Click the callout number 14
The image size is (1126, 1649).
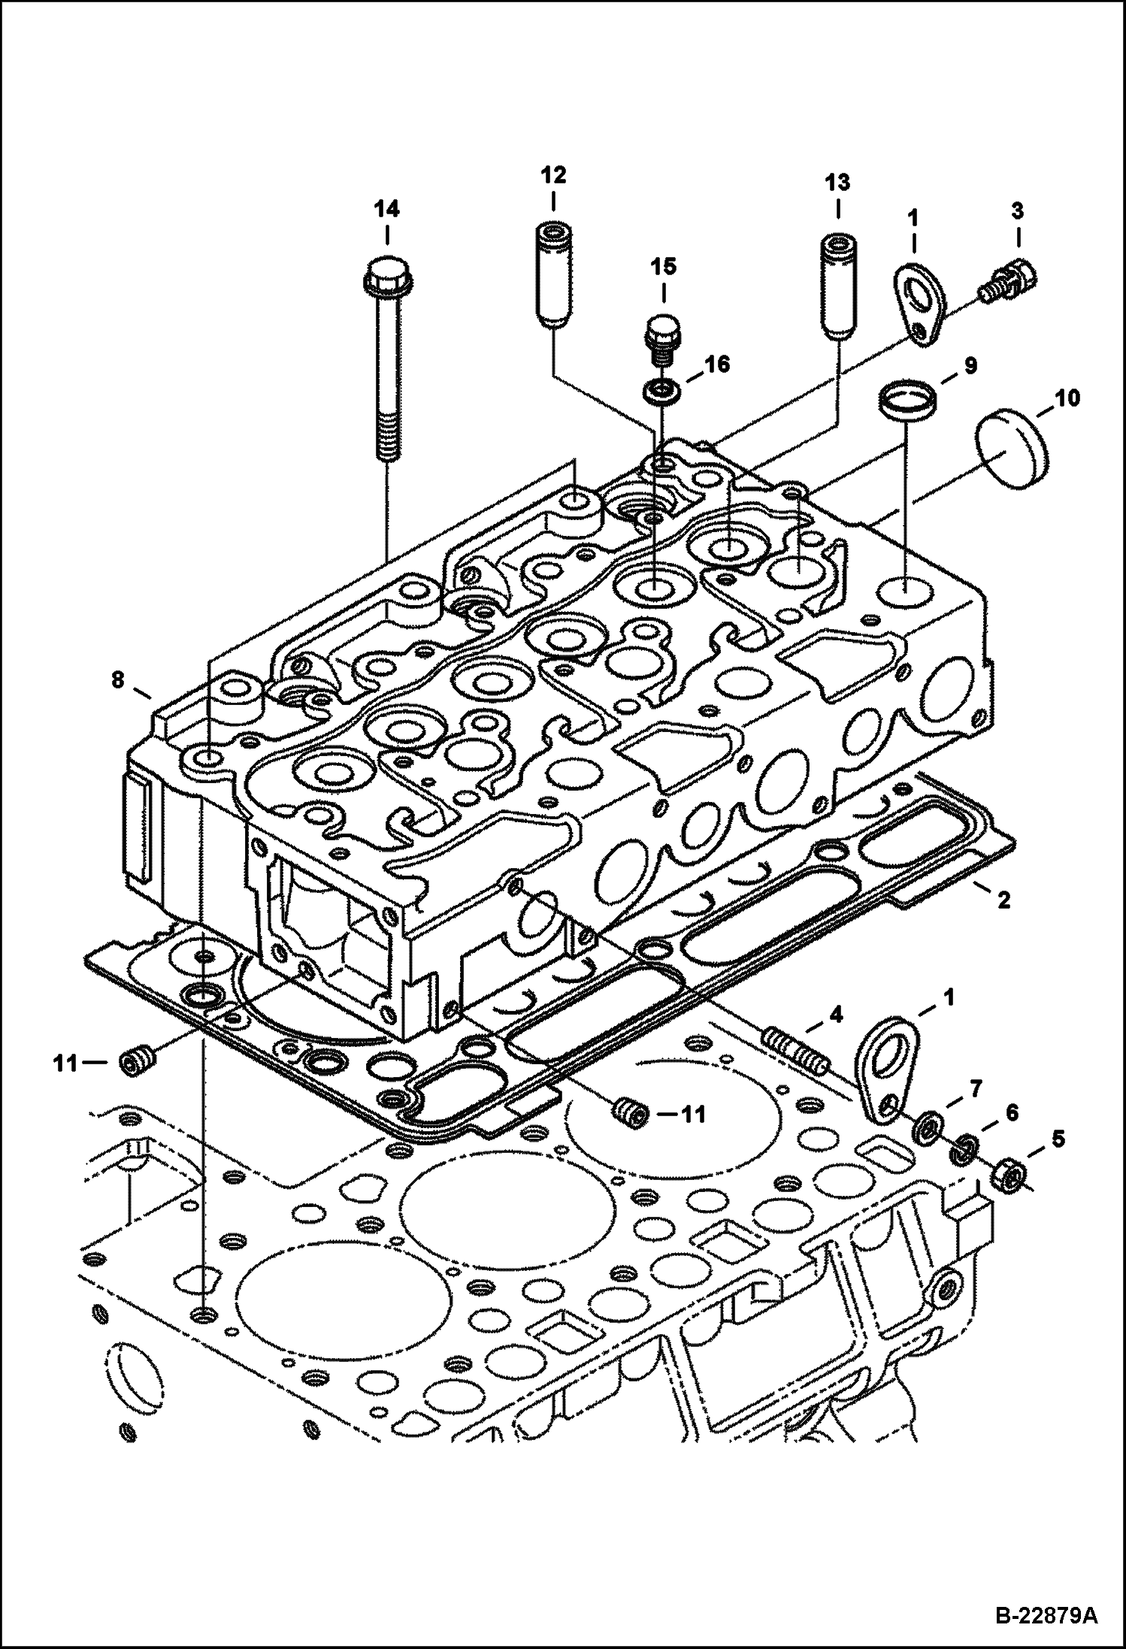[387, 209]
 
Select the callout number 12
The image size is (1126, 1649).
[552, 176]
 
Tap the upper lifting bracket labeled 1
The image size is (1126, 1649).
[916, 301]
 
